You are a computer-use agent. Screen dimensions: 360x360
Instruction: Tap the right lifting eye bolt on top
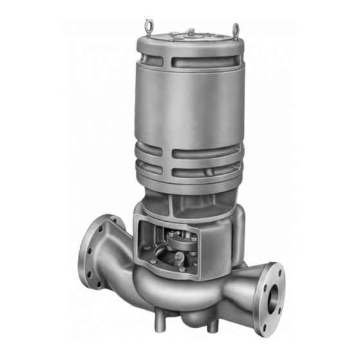[235, 28]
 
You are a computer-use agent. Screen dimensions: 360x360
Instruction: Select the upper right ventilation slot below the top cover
[226, 64]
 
